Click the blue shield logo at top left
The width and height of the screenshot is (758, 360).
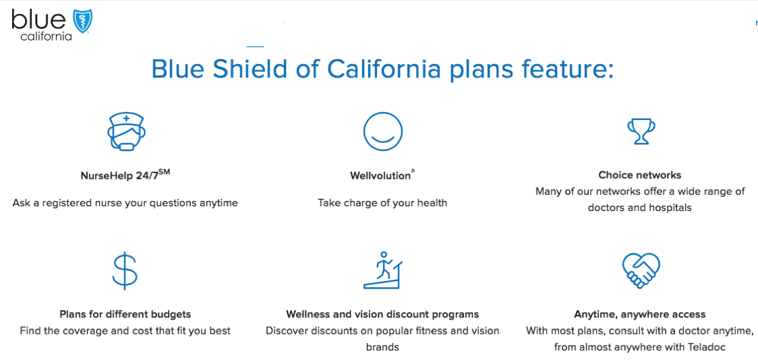coord(83,22)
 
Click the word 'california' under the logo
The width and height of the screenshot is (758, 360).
coord(47,36)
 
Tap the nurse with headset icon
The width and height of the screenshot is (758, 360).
coord(126,131)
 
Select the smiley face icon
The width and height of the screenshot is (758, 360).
coord(383,131)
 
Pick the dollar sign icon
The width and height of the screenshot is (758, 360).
coord(125,270)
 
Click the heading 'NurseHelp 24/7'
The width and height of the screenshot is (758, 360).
coord(125,175)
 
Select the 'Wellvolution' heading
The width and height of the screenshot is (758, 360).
coord(382,175)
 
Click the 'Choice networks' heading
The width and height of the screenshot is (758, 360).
coord(640,175)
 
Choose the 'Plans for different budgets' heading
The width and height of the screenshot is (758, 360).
coord(125,314)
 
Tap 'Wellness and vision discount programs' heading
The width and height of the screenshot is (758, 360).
coord(382,314)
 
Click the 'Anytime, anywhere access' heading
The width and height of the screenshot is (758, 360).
coord(640,315)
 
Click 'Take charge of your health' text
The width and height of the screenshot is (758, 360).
coord(382,203)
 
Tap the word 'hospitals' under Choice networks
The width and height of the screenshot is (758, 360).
coord(670,208)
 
